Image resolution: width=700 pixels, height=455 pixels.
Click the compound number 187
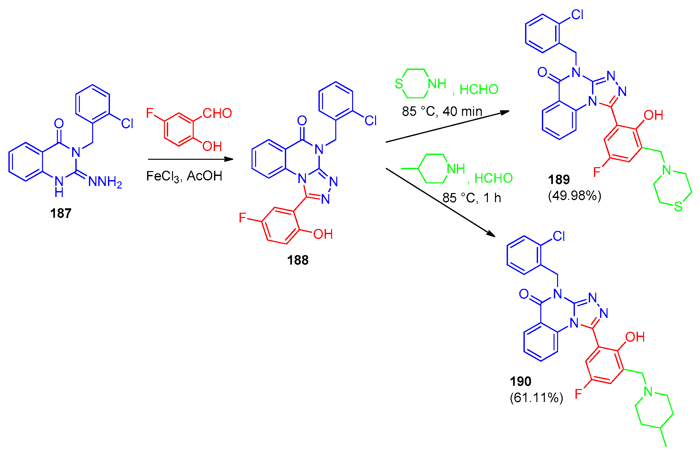coord(61,213)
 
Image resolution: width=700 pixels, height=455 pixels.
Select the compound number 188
coord(298,260)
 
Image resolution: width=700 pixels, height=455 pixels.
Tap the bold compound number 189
coord(559,180)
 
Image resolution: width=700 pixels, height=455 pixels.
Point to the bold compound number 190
coord(521,382)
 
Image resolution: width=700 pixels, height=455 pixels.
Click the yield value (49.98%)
coord(575,196)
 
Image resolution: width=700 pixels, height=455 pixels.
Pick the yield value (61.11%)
coord(536,397)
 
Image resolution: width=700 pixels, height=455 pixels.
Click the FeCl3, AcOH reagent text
coord(184,177)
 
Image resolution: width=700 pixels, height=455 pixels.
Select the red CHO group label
coord(217,114)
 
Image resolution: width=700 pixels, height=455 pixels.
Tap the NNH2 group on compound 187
coord(105,182)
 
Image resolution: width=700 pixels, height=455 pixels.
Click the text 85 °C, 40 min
coord(442,112)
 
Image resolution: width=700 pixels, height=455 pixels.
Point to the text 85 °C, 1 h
coord(471,198)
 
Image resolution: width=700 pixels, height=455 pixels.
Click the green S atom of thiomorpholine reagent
coord(399,84)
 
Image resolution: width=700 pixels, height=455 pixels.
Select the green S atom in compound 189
coord(678,207)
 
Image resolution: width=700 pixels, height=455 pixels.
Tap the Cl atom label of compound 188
coord(371,121)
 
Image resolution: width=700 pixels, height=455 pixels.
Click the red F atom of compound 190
coord(578,394)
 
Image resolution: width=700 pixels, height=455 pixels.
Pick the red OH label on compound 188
coord(323,234)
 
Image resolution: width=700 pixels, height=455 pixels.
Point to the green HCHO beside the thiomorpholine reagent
coord(479,90)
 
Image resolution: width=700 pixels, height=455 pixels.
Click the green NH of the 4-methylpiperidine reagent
coord(456,169)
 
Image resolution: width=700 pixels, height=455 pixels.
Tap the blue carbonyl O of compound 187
coord(59,124)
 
